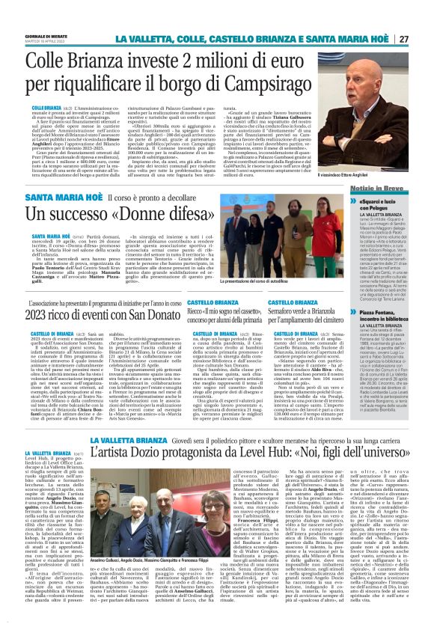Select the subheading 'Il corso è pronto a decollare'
click(x=144, y=198)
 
